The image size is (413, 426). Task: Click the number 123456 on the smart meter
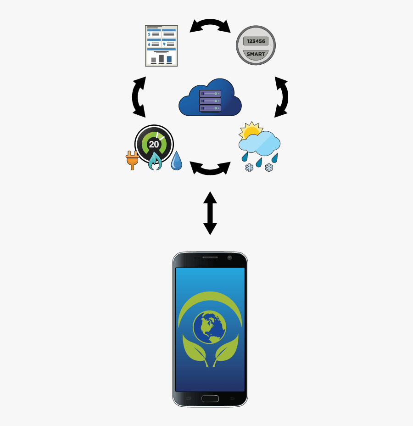point(256,41)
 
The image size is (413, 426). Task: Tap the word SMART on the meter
point(256,54)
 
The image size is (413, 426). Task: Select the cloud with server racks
point(210,97)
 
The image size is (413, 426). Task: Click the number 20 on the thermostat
point(154,144)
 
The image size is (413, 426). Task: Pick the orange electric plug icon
point(132,160)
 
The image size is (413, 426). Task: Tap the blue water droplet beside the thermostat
point(176,161)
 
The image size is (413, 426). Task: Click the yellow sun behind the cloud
point(251,131)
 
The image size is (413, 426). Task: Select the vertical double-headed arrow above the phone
point(210,213)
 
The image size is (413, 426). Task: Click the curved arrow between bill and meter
point(210,22)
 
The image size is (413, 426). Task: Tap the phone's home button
point(210,398)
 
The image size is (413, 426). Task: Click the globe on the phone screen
point(209,327)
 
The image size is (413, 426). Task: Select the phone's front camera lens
point(229,258)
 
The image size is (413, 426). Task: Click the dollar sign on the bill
point(149,34)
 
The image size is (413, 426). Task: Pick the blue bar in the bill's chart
point(169,59)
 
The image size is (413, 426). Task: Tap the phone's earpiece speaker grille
point(210,257)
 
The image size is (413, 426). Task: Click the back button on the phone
point(232,398)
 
